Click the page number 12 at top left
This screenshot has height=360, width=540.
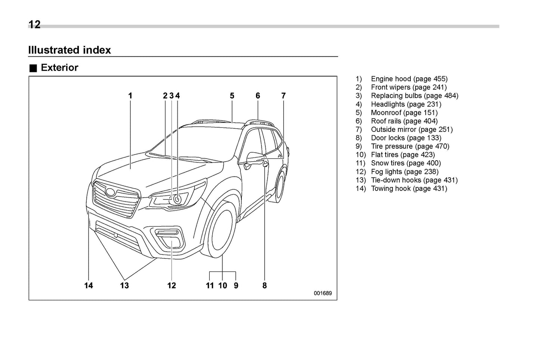click(34, 25)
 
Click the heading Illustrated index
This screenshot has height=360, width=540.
click(70, 50)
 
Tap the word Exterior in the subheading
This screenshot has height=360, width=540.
click(59, 68)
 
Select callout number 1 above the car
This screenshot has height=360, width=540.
click(130, 96)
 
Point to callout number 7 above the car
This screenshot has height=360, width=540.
click(283, 96)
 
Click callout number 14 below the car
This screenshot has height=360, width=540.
click(89, 286)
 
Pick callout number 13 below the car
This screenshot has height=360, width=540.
click(124, 286)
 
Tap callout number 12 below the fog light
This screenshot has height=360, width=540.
click(172, 286)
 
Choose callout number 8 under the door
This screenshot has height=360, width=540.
click(265, 286)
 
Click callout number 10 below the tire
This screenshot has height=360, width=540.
click(222, 286)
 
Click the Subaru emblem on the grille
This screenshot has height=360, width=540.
click(111, 192)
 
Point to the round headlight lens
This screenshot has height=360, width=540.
click(177, 199)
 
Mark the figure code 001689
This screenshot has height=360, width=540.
click(323, 293)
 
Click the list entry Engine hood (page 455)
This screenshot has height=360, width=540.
click(409, 79)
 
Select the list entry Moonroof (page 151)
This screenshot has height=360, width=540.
click(404, 112)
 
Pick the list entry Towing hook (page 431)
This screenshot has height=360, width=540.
click(409, 188)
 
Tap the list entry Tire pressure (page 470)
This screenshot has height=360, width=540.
click(410, 146)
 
